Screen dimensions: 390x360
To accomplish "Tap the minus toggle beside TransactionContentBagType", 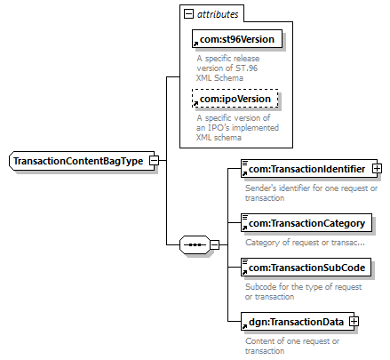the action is tap(155, 161).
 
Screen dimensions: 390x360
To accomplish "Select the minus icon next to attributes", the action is tap(188, 13).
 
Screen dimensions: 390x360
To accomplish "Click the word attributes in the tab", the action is tap(218, 14).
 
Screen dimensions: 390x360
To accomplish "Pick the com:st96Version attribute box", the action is tap(237, 39).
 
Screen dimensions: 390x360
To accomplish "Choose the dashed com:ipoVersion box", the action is tap(235, 99).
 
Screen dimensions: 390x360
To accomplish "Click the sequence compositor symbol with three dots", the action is tap(195, 245).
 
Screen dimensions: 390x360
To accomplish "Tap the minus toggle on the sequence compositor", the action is tap(215, 245).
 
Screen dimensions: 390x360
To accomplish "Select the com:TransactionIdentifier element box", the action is tap(309, 169).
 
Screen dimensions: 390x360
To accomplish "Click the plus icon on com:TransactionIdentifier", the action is tap(377, 169).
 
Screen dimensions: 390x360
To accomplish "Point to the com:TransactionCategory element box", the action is tap(306, 223).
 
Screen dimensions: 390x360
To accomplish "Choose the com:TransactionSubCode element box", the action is tap(306, 268).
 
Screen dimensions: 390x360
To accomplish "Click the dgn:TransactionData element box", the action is tap(298, 322).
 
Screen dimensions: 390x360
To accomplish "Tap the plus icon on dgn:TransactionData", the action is tap(354, 322).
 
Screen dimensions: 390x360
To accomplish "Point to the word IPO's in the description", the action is tap(215, 128).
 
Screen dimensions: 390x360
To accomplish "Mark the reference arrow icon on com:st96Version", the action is tap(195, 44).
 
